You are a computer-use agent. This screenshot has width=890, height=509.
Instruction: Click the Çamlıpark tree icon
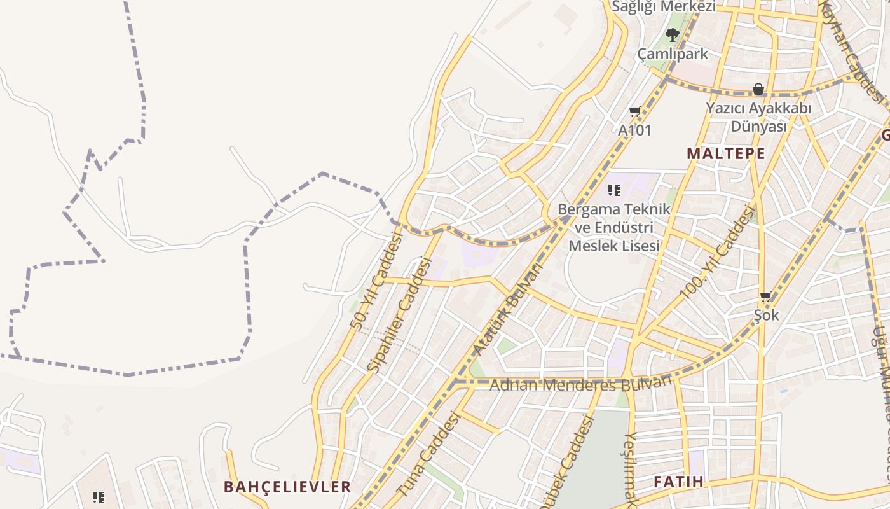pyautogui.click(x=672, y=34)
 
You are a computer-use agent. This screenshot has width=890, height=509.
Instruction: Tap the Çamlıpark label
pyautogui.click(x=673, y=54)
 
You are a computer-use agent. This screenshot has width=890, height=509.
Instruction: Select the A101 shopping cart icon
pyautogui.click(x=634, y=112)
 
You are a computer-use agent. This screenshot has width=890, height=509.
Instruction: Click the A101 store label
pyautogui.click(x=635, y=130)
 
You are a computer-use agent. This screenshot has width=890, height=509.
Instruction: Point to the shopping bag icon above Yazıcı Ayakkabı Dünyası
pyautogui.click(x=758, y=89)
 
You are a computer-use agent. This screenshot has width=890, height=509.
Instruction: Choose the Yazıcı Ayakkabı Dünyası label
pyautogui.click(x=758, y=118)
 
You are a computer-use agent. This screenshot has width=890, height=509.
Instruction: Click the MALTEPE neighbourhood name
pyautogui.click(x=726, y=153)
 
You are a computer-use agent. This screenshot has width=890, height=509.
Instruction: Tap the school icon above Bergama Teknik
pyautogui.click(x=613, y=190)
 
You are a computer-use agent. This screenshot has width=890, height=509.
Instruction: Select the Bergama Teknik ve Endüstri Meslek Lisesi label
pyautogui.click(x=613, y=227)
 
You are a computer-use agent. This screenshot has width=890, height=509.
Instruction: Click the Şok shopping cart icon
pyautogui.click(x=765, y=296)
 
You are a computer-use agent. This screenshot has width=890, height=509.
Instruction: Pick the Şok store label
pyautogui.click(x=766, y=315)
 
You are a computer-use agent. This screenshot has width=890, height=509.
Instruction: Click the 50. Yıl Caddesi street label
pyautogui.click(x=377, y=280)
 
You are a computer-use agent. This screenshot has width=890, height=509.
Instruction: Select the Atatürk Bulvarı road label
pyautogui.click(x=509, y=309)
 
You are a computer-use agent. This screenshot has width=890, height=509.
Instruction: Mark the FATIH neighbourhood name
pyautogui.click(x=679, y=482)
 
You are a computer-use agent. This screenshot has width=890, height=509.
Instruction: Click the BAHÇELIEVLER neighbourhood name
pyautogui.click(x=287, y=487)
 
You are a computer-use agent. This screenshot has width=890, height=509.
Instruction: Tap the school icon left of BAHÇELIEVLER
pyautogui.click(x=98, y=497)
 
